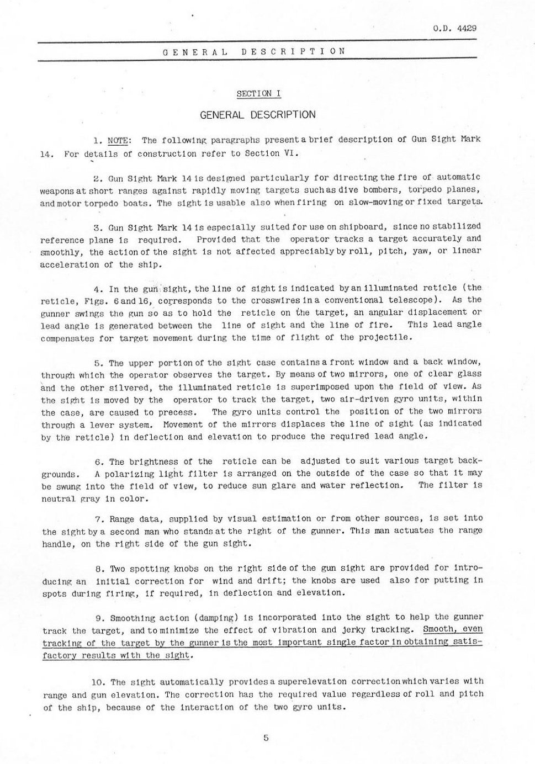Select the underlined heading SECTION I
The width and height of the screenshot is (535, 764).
click(258, 93)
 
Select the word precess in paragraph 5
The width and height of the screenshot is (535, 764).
click(180, 412)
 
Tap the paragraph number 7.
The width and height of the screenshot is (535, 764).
click(99, 519)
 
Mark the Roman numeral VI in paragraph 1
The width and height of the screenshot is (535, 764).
click(290, 153)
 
